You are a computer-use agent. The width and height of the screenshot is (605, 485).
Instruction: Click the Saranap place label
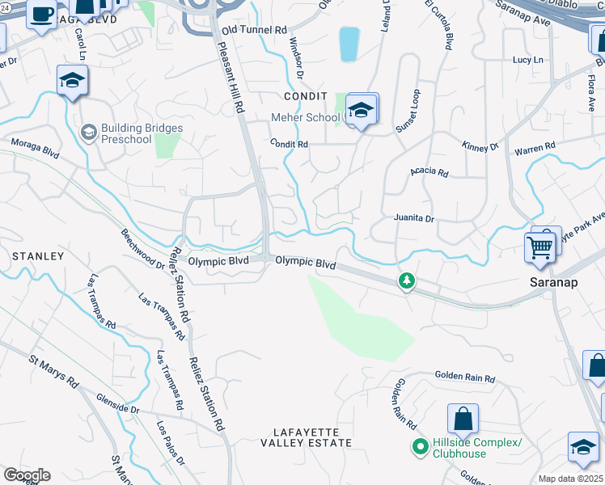pyautogui.click(x=552, y=282)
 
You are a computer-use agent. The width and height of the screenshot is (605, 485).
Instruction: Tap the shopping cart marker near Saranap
pyautogui.click(x=540, y=247)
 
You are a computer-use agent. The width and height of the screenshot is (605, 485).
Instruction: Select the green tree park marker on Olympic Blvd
pyautogui.click(x=406, y=281)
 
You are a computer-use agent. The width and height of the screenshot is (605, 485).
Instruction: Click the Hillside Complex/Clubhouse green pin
pyautogui.click(x=420, y=446)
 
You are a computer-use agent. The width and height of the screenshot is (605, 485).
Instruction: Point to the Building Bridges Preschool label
pyautogui.click(x=142, y=133)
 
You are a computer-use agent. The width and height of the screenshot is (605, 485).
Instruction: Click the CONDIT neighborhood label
pyautogui.click(x=304, y=95)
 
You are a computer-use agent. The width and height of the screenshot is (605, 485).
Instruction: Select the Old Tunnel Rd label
pyautogui.click(x=254, y=30)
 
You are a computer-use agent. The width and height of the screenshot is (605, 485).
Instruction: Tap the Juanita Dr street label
pyautogui.click(x=414, y=218)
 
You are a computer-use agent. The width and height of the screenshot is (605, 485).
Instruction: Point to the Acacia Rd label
pyautogui.click(x=429, y=171)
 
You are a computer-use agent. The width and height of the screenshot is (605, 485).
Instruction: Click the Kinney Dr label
pyautogui.click(x=480, y=147)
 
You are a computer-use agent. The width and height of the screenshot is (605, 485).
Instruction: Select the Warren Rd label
pyautogui.click(x=535, y=148)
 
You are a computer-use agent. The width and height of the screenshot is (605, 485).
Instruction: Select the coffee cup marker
pyautogui.click(x=42, y=14)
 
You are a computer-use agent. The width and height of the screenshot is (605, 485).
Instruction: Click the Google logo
pyautogui.click(x=27, y=475)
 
